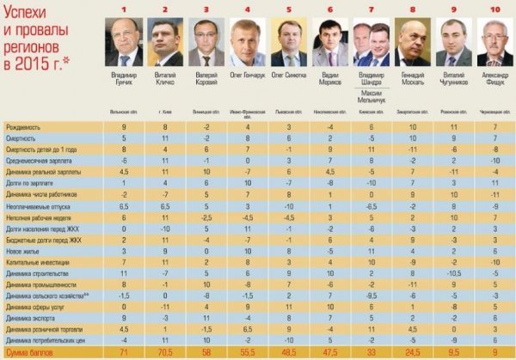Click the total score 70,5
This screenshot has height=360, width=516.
click(x=163, y=352)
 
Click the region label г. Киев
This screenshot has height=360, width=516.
click(x=165, y=112)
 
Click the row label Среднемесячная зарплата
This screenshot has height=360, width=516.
click(x=38, y=159)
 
